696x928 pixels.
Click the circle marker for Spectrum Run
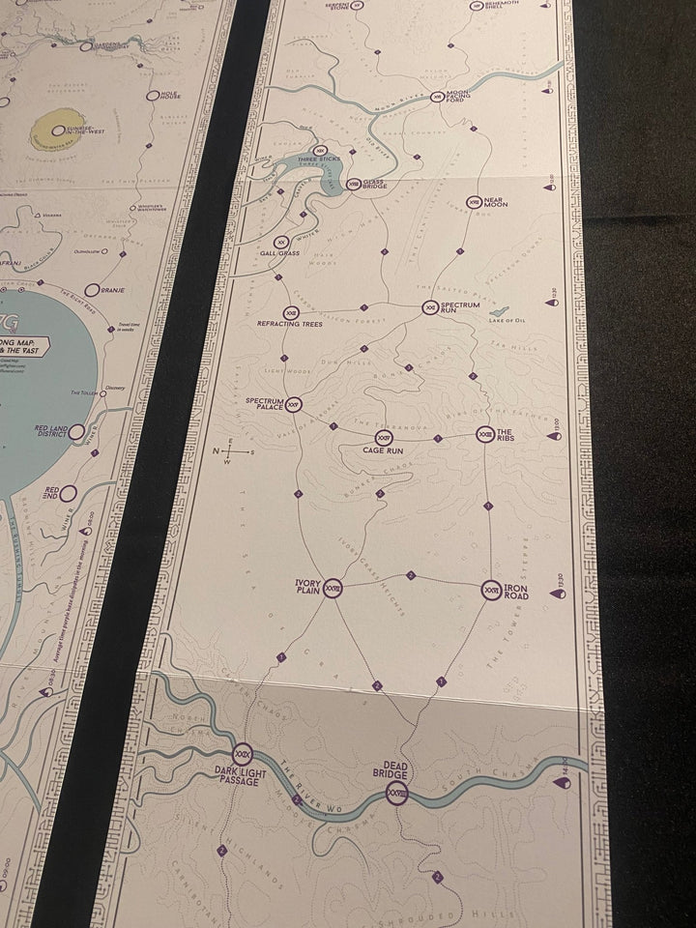tap(430, 308)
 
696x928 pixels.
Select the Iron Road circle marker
tap(491, 590)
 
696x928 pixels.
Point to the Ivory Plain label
tap(305, 587)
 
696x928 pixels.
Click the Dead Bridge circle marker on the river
tap(394, 793)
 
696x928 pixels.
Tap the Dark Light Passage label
tap(238, 774)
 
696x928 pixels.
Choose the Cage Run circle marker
tap(382, 439)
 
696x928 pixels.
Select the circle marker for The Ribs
tap(485, 436)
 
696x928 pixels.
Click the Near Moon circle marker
tap(473, 202)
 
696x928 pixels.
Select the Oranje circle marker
tap(93, 289)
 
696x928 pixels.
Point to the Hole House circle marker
tap(151, 96)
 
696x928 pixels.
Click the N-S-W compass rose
tap(230, 450)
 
